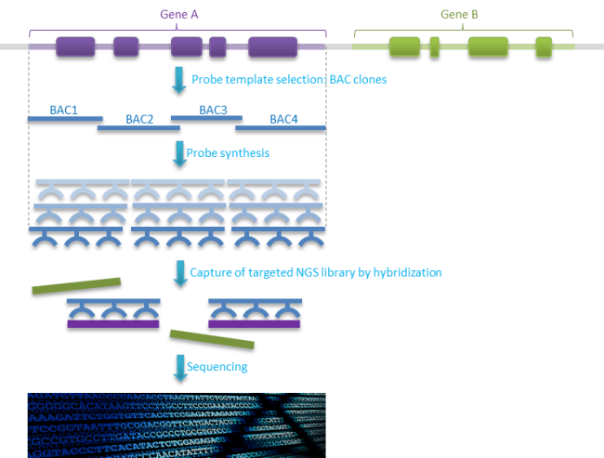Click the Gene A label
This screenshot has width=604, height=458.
(177, 14)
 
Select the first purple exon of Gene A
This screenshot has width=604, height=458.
(75, 46)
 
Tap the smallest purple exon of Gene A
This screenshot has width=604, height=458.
(217, 46)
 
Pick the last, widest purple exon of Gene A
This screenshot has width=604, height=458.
(272, 46)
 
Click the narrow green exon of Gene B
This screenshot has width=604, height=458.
(434, 46)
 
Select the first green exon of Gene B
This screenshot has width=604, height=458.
(404, 46)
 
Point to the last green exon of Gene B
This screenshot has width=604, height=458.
(543, 46)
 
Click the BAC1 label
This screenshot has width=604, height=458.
(64, 110)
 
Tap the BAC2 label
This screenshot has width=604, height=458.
(139, 119)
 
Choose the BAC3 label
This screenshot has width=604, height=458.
(213, 110)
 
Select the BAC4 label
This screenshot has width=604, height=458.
(284, 119)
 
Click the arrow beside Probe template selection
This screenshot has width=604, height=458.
(178, 80)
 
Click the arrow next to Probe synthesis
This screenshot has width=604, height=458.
(177, 150)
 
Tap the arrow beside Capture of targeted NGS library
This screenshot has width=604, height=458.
(177, 273)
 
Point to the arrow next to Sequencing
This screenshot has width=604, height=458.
(177, 367)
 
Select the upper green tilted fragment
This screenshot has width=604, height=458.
(75, 287)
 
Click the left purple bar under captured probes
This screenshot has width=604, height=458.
(113, 324)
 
